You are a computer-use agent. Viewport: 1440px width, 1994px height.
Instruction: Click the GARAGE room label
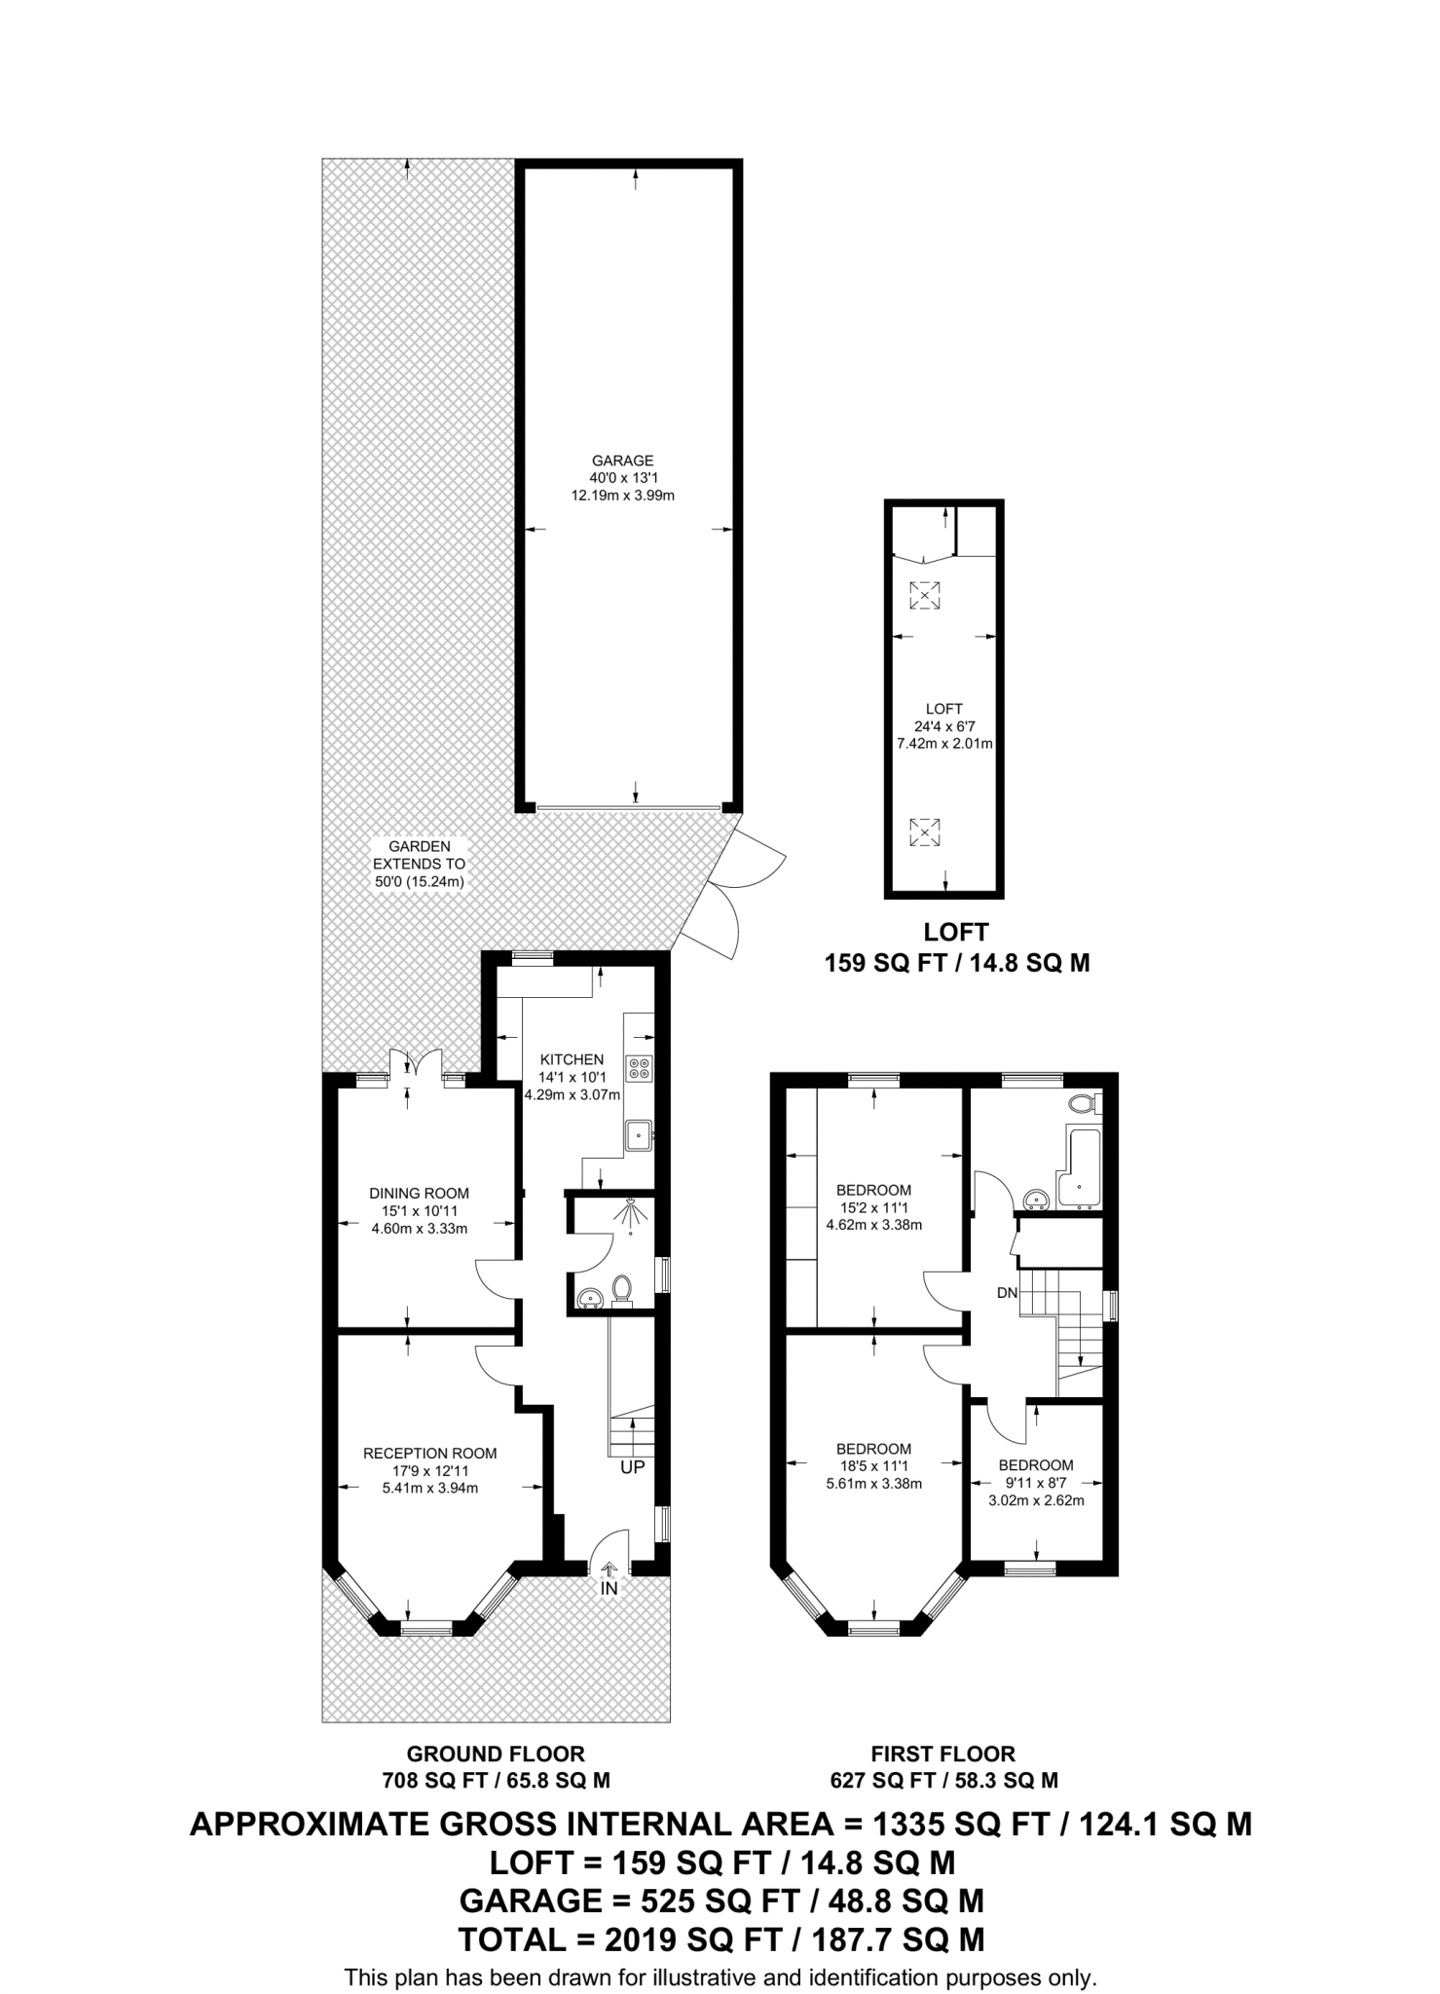click(x=622, y=461)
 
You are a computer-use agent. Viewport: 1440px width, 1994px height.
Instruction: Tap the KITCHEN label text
click(x=572, y=1059)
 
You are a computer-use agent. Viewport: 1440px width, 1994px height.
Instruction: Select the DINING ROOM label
click(x=419, y=1193)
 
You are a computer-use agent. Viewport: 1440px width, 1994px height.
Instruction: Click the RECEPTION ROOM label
click(x=429, y=1454)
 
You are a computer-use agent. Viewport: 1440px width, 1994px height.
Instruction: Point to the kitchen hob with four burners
click(x=640, y=1068)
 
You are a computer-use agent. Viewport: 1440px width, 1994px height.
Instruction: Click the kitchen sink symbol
click(x=639, y=1133)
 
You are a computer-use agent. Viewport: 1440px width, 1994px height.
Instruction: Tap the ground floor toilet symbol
click(x=622, y=1291)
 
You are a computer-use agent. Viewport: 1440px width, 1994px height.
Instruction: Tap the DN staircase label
click(x=1007, y=1293)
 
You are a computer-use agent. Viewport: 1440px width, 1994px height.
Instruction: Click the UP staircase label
click(x=633, y=1466)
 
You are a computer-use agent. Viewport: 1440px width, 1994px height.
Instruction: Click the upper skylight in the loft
click(x=924, y=595)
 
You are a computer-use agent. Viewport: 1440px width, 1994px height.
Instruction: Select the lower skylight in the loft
click(x=924, y=832)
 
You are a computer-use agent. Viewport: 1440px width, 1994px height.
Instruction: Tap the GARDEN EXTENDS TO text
click(x=419, y=864)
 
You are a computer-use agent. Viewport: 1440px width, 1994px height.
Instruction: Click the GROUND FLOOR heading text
click(x=496, y=1754)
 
